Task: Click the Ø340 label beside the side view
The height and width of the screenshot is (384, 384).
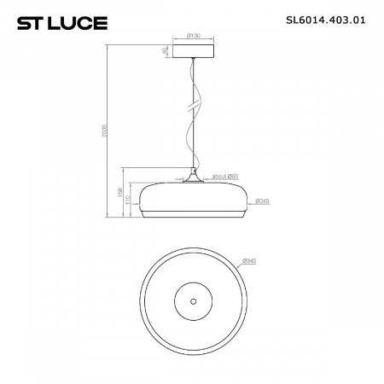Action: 264,201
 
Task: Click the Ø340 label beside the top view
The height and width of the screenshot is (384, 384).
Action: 250,259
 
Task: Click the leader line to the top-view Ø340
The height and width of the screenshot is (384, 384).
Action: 238,267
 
